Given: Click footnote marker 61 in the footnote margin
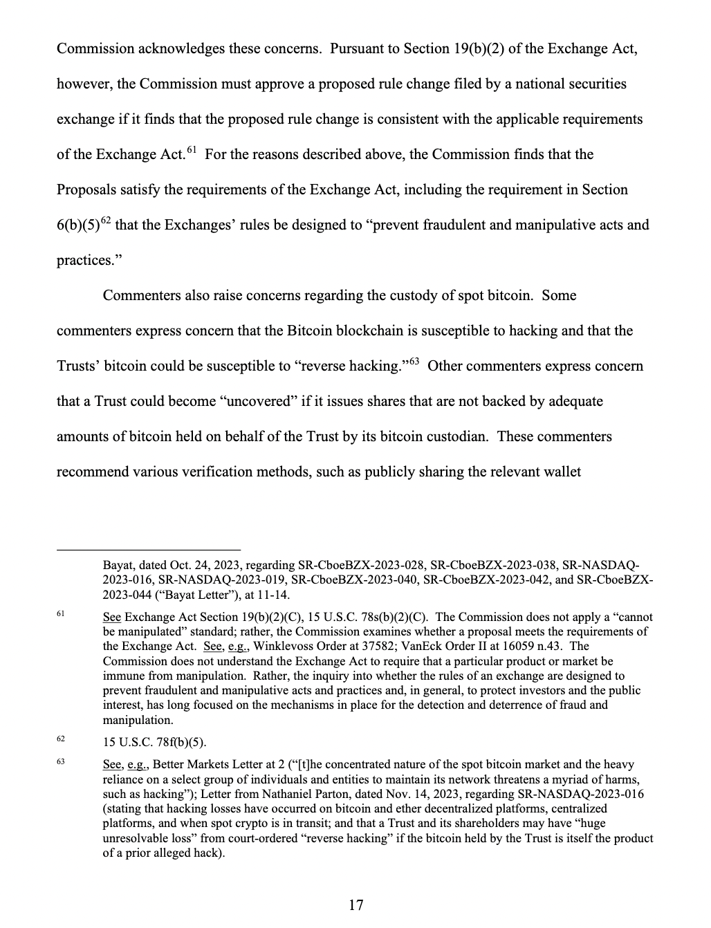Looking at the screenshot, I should point(61,613).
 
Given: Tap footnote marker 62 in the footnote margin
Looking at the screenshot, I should point(61,739).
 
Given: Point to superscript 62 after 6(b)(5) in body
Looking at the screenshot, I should point(106,221).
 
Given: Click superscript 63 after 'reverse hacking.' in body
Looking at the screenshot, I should point(414,362).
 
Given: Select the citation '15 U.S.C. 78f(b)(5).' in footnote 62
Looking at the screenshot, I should point(154,743).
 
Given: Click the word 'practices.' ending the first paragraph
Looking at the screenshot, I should point(86,261).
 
